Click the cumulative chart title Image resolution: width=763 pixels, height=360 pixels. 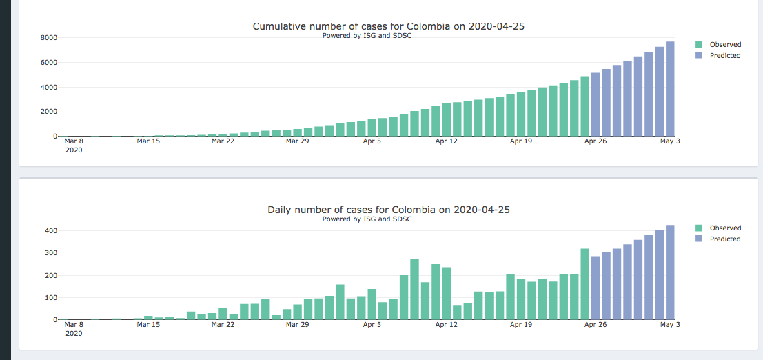point(394,26)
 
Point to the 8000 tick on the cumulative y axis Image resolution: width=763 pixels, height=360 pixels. point(48,38)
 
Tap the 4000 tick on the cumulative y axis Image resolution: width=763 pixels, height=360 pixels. point(48,88)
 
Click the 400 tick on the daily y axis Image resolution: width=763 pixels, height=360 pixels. point(50,231)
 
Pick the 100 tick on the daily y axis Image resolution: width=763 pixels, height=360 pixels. point(50,298)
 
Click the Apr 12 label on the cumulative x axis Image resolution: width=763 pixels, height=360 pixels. point(446,141)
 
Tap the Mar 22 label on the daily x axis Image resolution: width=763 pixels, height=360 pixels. point(223,324)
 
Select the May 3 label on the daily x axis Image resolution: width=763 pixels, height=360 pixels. point(670,324)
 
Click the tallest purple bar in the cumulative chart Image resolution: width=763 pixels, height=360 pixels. point(670,89)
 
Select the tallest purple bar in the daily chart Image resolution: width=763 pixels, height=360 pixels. point(670,272)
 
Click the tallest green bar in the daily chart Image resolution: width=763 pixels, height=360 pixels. point(415,290)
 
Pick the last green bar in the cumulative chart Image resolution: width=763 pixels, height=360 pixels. point(585,106)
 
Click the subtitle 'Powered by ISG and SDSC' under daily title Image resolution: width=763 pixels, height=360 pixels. point(367,219)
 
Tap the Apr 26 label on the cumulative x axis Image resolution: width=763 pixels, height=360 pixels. point(595,141)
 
